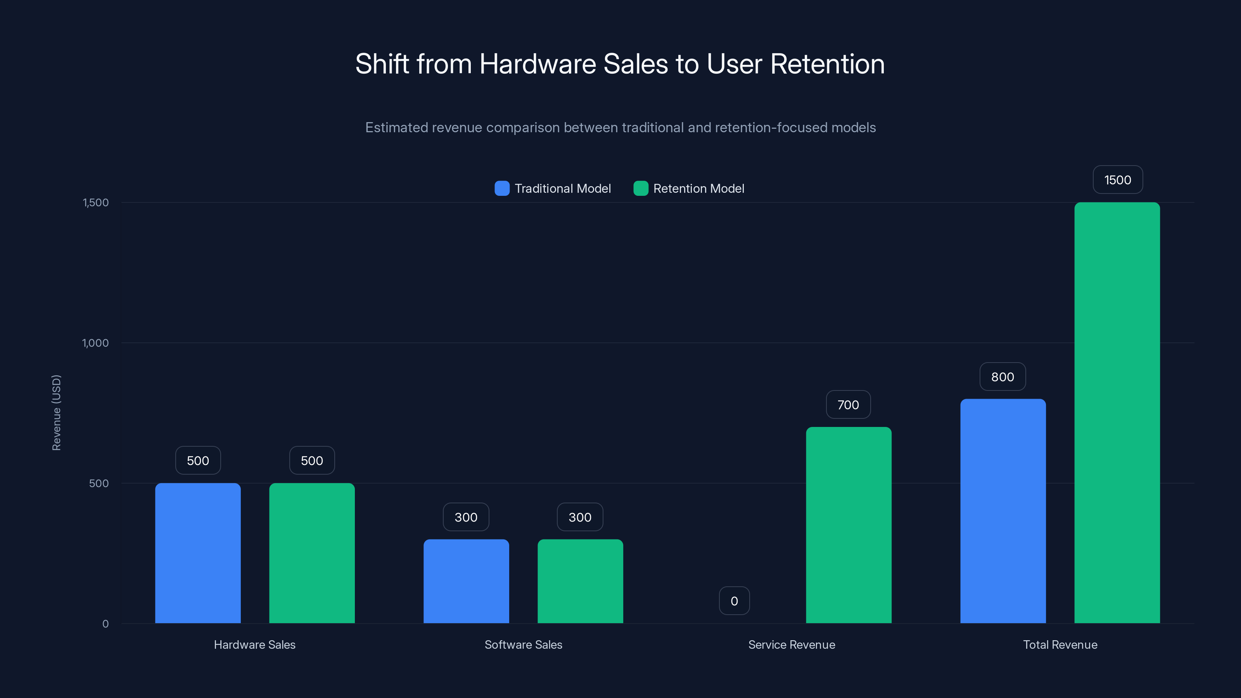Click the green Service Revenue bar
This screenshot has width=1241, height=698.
(x=849, y=525)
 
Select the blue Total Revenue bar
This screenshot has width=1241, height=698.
(x=1002, y=511)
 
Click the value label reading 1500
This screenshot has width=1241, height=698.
(x=1117, y=180)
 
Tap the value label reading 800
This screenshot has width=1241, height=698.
(x=1002, y=377)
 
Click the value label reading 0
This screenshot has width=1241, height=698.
(x=734, y=601)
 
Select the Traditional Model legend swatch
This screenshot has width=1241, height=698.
(x=502, y=188)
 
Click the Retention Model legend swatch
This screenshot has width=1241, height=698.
(x=641, y=188)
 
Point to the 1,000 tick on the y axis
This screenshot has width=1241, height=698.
(x=95, y=343)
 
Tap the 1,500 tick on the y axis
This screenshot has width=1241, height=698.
(x=96, y=202)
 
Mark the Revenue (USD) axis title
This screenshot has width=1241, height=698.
(x=56, y=412)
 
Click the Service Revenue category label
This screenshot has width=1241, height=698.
(x=792, y=644)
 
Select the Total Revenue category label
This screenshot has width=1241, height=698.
(x=1060, y=644)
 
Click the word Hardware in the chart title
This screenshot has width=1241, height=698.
(x=538, y=64)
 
